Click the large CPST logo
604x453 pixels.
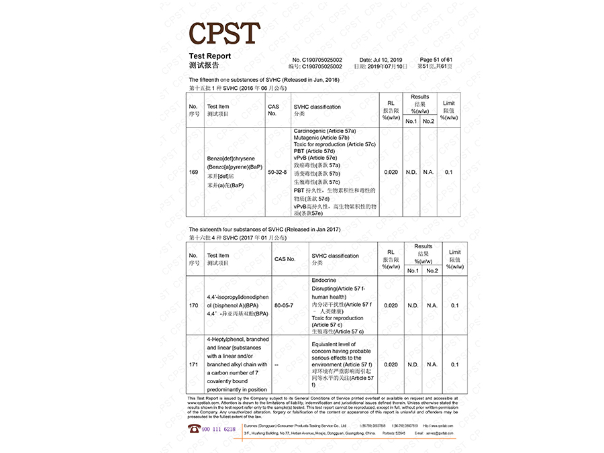(x=224, y=34)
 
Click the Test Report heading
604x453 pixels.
(x=209, y=56)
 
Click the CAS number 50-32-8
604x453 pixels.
(x=277, y=172)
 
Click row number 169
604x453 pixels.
(x=193, y=172)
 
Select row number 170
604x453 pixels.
(x=193, y=305)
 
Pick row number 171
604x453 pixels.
(x=193, y=364)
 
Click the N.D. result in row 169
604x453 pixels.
(x=411, y=172)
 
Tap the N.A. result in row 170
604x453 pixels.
(x=432, y=305)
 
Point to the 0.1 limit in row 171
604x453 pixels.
(x=455, y=364)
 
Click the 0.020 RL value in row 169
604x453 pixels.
(x=391, y=172)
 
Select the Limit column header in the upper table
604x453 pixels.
(x=449, y=107)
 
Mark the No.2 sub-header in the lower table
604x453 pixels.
(x=432, y=270)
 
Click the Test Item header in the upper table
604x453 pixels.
(x=217, y=110)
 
